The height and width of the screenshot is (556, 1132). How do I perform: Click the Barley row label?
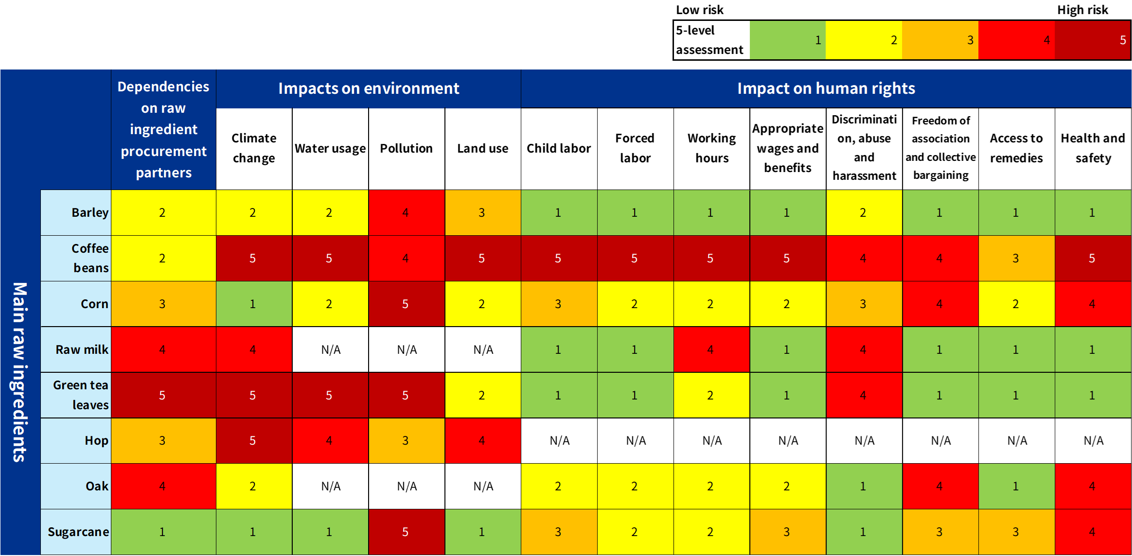click(x=89, y=212)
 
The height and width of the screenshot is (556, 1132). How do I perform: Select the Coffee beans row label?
click(x=90, y=258)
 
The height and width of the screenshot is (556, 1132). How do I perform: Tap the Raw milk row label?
click(x=82, y=349)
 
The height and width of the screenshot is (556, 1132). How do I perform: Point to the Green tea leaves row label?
click(x=81, y=395)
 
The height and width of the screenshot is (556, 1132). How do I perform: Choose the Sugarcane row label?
click(x=78, y=532)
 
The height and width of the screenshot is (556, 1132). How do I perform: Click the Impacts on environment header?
click(x=369, y=88)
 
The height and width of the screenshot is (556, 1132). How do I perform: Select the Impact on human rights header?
click(x=826, y=88)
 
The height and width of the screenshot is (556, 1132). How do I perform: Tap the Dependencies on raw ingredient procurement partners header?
click(x=163, y=129)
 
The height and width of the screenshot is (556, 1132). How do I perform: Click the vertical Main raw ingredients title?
click(x=19, y=372)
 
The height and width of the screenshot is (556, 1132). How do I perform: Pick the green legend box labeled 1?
click(x=788, y=40)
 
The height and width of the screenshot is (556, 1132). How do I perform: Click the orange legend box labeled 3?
click(x=940, y=40)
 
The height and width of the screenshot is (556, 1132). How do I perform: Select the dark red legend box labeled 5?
click(x=1092, y=40)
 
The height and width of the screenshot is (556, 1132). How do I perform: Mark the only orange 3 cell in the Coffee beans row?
click(x=1016, y=258)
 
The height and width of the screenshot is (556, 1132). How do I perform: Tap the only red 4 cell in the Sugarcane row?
click(x=1093, y=532)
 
